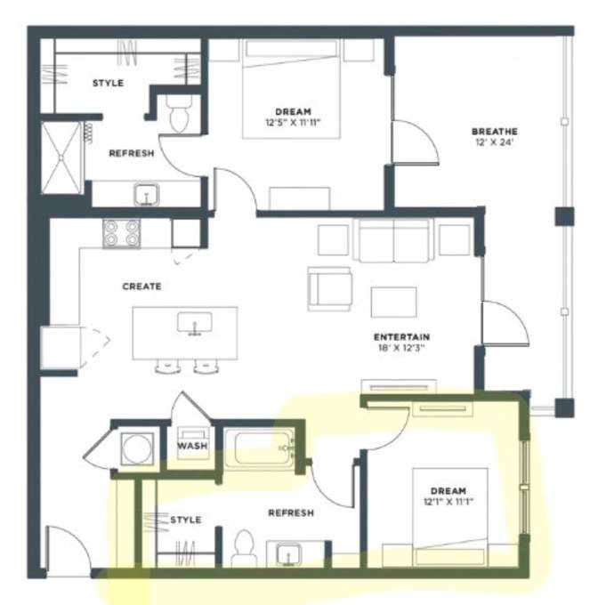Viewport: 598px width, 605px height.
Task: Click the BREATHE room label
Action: (494, 132)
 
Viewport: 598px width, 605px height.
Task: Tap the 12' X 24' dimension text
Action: (494, 142)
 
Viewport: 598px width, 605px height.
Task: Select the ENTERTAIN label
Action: (401, 337)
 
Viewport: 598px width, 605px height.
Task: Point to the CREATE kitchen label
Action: (141, 286)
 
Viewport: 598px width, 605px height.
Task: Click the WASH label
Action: (192, 446)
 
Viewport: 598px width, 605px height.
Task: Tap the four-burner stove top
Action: (122, 233)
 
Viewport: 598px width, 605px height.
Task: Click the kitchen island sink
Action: (195, 323)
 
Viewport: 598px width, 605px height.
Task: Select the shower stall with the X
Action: (61, 157)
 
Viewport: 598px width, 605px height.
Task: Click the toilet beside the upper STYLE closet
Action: (179, 114)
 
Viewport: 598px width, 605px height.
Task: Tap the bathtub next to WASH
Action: (260, 448)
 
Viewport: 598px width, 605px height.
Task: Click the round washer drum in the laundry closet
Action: (136, 449)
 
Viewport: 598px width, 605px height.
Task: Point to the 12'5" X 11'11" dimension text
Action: (293, 123)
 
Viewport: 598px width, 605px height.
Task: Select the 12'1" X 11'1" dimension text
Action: (448, 502)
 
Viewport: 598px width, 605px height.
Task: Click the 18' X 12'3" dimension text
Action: (401, 348)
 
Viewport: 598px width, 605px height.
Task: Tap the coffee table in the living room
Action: (393, 302)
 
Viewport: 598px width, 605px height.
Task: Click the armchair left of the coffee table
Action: (329, 289)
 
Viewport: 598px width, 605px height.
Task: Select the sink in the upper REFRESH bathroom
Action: (147, 195)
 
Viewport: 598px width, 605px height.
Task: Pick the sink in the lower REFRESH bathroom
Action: (289, 555)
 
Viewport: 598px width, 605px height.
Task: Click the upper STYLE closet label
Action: (108, 83)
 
